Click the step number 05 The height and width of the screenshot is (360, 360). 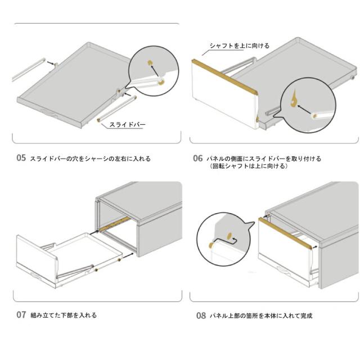coord(21,159)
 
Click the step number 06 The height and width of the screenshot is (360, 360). coord(197,159)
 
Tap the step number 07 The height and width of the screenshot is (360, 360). coord(21,315)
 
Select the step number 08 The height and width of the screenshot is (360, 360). coord(201,316)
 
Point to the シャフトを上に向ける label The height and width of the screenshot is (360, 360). coord(239,46)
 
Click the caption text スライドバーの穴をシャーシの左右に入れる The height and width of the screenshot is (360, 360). coord(90,159)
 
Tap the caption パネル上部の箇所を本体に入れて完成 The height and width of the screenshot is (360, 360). coord(261,316)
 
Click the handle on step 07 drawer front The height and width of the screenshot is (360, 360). coord(37,274)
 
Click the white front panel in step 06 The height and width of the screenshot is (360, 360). coord(222,98)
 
